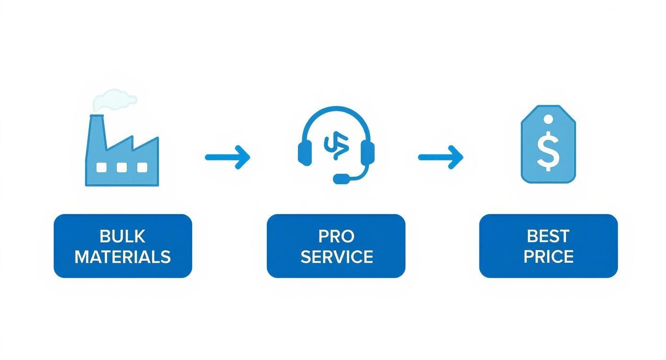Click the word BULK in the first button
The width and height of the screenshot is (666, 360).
pyautogui.click(x=122, y=236)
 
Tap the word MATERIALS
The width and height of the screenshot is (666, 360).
pyautogui.click(x=122, y=257)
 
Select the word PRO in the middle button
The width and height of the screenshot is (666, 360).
pyautogui.click(x=336, y=236)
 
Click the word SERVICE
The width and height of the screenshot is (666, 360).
pyautogui.click(x=336, y=257)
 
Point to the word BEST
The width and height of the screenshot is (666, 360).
pyautogui.click(x=548, y=236)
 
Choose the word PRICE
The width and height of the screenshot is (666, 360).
pyautogui.click(x=548, y=257)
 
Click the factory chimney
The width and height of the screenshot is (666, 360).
pyautogui.click(x=96, y=134)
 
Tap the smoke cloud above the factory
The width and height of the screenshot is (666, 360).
pyautogui.click(x=114, y=100)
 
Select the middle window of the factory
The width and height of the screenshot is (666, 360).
pyautogui.click(x=122, y=168)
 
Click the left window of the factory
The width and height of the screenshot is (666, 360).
pyautogui.click(x=101, y=168)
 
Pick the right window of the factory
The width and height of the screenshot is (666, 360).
pyautogui.click(x=142, y=168)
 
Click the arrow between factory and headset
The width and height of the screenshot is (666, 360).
pyautogui.click(x=227, y=157)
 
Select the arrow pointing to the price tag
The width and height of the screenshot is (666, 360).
pyautogui.click(x=441, y=157)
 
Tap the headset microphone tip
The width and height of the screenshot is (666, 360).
pyautogui.click(x=341, y=179)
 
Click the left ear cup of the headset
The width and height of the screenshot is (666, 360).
pyautogui.click(x=305, y=153)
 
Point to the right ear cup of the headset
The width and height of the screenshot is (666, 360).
pyautogui.click(x=367, y=153)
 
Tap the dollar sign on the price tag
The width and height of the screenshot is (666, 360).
pyautogui.click(x=548, y=151)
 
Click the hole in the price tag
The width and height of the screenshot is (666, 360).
pyautogui.click(x=548, y=120)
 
